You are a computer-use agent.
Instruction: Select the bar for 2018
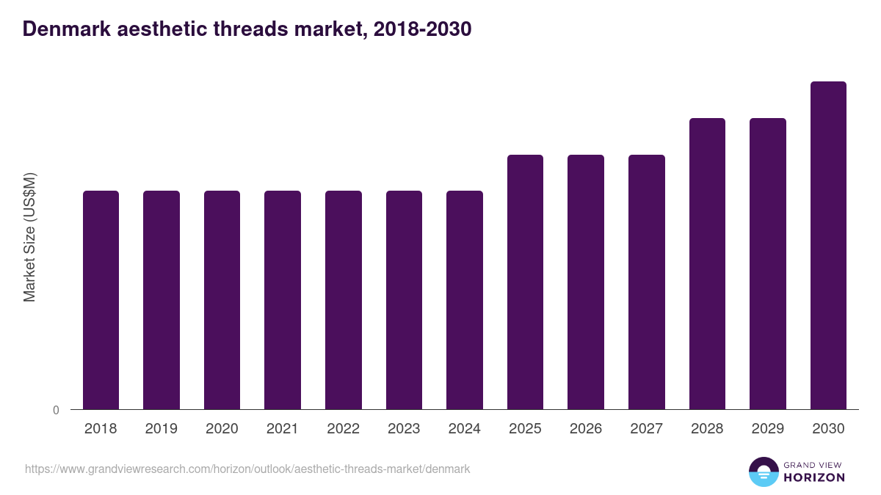click(x=101, y=300)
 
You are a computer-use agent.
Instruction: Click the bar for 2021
click(x=283, y=300)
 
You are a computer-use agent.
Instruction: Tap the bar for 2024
click(x=465, y=300)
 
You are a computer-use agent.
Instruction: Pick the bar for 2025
click(x=525, y=282)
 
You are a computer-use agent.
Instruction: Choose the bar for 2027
click(x=647, y=282)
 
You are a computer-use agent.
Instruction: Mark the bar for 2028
click(x=707, y=264)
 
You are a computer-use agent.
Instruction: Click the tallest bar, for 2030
click(x=828, y=246)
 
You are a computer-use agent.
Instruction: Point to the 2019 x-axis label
click(x=161, y=429)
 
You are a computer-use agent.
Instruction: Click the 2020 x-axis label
click(x=222, y=429)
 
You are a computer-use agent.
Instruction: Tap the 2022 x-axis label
click(x=343, y=429)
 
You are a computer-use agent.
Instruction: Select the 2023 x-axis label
click(x=404, y=429)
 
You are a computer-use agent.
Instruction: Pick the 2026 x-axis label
click(x=586, y=429)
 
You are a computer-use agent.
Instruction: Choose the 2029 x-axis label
click(x=768, y=429)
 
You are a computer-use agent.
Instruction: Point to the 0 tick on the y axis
click(x=56, y=410)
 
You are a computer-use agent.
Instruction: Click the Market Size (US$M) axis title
click(x=29, y=237)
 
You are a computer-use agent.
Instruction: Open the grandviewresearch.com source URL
click(x=247, y=469)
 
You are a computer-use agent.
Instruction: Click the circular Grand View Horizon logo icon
click(x=763, y=472)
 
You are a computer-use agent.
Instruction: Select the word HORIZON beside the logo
click(x=814, y=477)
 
